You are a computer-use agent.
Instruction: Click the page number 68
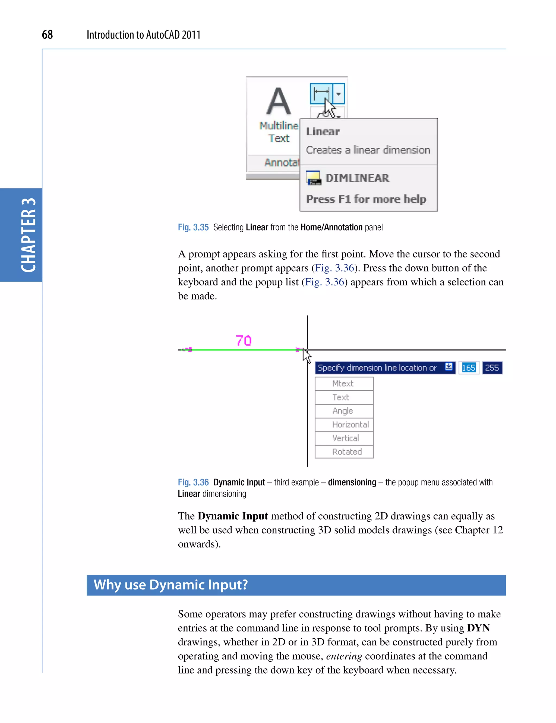tap(47, 34)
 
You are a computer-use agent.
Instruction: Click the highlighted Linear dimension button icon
tap(321, 94)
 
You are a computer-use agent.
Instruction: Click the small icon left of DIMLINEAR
tap(313, 178)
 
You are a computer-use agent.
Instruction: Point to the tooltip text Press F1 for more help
tap(366, 199)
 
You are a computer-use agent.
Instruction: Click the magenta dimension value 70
tap(244, 340)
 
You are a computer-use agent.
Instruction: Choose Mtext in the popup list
tap(343, 383)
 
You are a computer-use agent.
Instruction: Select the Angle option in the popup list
tap(343, 411)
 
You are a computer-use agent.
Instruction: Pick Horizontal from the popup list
tap(350, 424)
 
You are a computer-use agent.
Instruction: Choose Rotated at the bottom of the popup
tap(347, 452)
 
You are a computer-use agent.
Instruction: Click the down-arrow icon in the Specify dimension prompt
tap(449, 367)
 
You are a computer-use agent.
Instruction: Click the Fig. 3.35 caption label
tap(193, 227)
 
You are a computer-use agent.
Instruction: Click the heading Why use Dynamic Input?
tap(171, 585)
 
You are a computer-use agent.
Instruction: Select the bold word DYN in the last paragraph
tap(478, 628)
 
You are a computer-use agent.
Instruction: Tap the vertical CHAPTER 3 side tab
tap(28, 235)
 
